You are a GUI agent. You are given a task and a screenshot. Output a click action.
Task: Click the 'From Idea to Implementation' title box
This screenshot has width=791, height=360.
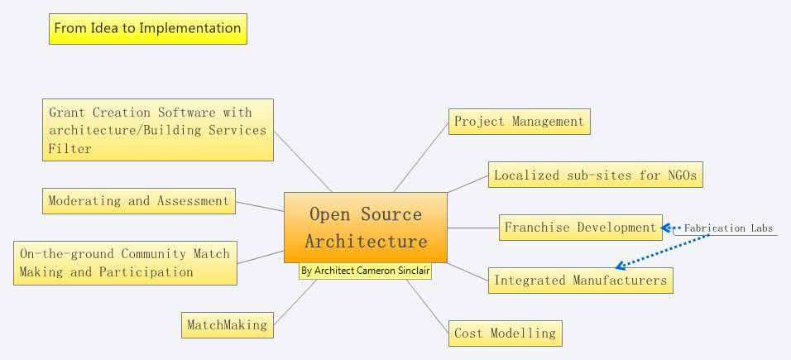147,28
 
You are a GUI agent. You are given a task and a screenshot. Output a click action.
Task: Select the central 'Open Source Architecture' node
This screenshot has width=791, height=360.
366,228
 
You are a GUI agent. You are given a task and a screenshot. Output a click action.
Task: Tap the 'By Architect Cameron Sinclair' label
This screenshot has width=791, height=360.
365,271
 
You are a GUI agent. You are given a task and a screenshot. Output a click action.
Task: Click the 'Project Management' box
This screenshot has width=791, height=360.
519,122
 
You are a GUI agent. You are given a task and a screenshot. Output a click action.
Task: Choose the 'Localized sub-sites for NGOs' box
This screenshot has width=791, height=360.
595,175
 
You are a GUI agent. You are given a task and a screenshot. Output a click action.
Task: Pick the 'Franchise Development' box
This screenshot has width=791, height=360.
580,228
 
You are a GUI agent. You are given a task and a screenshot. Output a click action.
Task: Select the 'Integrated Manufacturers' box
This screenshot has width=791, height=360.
580,281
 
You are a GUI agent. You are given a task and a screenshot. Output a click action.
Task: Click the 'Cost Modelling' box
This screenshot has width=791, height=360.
505,334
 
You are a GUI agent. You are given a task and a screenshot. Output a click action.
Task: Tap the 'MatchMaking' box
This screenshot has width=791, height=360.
227,324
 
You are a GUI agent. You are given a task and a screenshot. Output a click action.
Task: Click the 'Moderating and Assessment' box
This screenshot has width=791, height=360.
138,201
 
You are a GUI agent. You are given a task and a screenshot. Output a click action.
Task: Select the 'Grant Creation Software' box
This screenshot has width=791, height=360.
157,130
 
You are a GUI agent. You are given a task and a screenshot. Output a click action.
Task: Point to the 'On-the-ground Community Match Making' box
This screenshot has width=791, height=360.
125,263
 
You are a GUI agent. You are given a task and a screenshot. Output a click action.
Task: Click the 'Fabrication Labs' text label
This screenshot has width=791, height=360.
728,228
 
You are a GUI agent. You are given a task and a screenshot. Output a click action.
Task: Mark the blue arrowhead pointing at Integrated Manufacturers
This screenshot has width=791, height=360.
621,266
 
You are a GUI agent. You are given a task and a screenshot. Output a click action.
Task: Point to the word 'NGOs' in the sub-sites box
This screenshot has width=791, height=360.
683,175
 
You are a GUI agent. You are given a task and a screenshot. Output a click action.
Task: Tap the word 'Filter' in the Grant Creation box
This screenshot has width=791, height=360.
70,149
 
